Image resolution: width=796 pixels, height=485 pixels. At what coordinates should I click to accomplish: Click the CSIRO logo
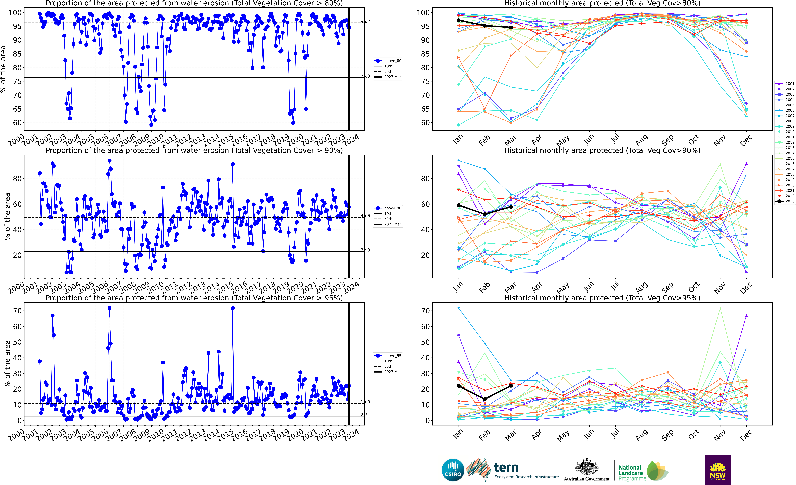point(453,470)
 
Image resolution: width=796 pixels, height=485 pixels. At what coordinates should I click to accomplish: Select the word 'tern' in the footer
point(506,468)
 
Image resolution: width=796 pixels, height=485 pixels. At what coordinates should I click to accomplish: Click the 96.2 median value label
point(365,21)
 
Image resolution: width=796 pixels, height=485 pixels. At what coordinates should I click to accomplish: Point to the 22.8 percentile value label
point(365,250)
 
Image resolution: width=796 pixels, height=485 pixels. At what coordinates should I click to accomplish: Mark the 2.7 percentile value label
point(364,415)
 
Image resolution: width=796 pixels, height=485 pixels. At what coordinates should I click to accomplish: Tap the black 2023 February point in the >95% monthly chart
point(485,399)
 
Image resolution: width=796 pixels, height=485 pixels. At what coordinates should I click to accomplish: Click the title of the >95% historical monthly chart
point(602,298)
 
